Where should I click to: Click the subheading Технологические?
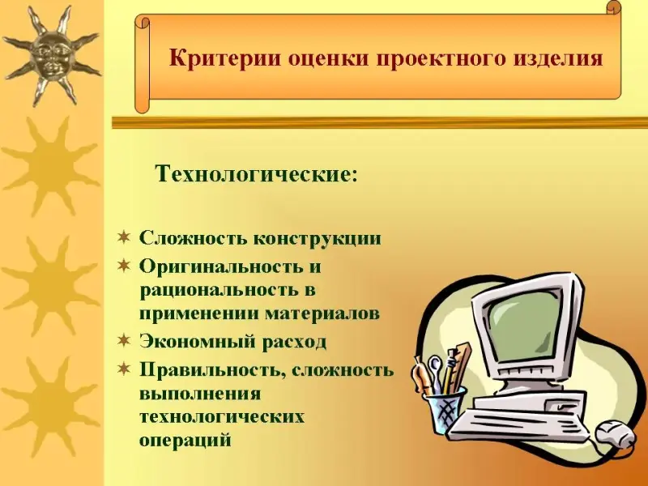point(256,174)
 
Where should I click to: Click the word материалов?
point(322,313)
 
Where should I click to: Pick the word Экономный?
point(197,341)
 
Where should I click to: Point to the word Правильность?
point(213,370)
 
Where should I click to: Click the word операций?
point(185,439)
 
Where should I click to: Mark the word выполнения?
point(200,394)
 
